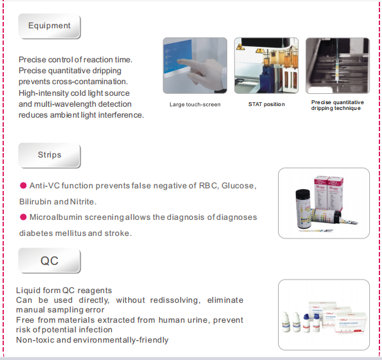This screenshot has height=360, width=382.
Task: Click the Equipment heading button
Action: (x=49, y=26)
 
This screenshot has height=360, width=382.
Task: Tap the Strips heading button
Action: (x=49, y=156)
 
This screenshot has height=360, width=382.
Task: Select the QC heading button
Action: (x=49, y=261)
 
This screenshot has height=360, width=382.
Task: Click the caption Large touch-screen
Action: (x=195, y=105)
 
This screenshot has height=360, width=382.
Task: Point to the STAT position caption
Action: (x=266, y=104)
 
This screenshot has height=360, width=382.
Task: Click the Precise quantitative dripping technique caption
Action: (x=338, y=105)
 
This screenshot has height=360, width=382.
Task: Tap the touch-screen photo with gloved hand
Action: (x=195, y=66)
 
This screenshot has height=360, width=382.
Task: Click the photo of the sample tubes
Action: (x=266, y=66)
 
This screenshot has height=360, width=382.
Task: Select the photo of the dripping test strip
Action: (x=338, y=66)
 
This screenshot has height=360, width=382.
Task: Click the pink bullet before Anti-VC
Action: (x=23, y=186)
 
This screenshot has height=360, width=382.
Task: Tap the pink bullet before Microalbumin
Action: (x=23, y=217)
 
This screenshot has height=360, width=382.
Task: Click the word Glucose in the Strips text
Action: (x=239, y=186)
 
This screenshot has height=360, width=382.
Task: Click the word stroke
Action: (x=118, y=233)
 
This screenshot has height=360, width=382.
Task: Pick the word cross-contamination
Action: (x=90, y=82)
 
